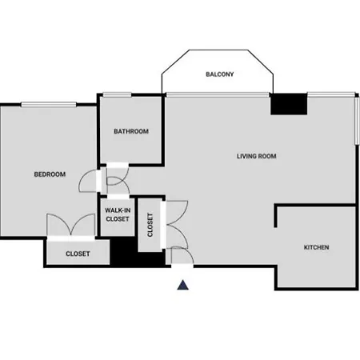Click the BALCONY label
click(x=220, y=74)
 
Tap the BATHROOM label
click(x=131, y=131)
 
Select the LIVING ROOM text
click(x=257, y=156)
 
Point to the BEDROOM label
click(x=50, y=174)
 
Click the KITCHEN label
click(x=317, y=247)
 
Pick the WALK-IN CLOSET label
click(x=118, y=214)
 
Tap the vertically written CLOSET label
click(x=150, y=225)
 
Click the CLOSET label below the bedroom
click(x=78, y=254)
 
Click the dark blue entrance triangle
click(x=183, y=285)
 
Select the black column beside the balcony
click(x=289, y=104)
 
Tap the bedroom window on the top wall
click(x=49, y=104)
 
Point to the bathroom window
click(x=117, y=94)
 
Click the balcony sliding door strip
click(x=218, y=94)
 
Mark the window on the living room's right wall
click(x=357, y=121)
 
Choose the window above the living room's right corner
click(x=331, y=94)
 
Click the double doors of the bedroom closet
click(x=71, y=225)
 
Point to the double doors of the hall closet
click(x=177, y=225)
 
